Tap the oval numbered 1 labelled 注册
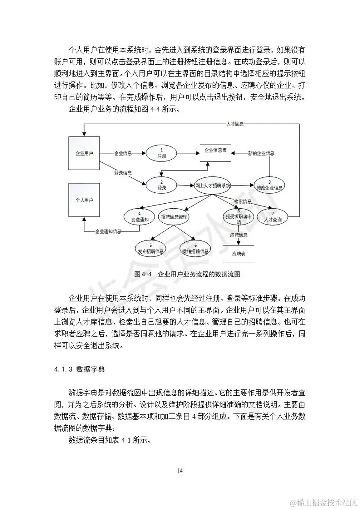[161, 153]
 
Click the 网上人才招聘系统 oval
[213, 185]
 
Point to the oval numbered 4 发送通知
[139, 217]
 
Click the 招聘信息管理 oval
[174, 217]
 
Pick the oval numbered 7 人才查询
[272, 216]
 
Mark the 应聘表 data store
[238, 254]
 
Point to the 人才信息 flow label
[234, 123]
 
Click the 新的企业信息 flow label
[261, 153]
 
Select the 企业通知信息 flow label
[109, 231]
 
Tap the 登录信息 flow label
[123, 172]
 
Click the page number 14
[180, 470]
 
